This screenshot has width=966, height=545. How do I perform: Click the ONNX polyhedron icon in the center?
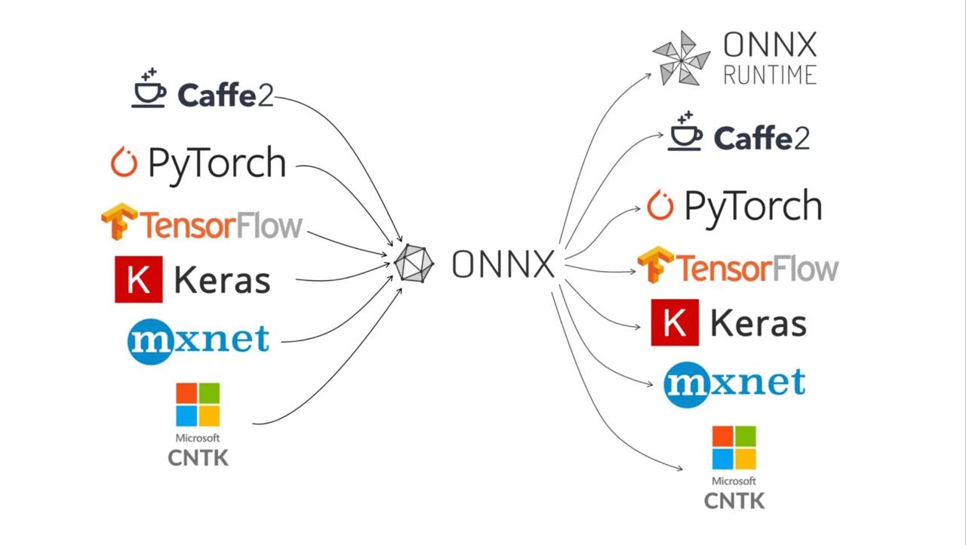[414, 264]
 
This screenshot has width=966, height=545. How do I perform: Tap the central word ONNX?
[503, 264]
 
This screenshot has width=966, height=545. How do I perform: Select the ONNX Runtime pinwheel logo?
[681, 58]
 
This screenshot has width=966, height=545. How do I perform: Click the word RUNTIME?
[770, 75]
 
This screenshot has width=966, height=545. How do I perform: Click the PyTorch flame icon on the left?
[124, 162]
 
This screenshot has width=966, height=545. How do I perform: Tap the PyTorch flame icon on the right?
[660, 205]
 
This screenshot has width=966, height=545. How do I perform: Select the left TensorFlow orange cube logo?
[119, 221]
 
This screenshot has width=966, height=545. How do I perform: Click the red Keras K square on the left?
[138, 279]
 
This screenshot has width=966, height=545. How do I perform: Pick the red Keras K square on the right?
[674, 322]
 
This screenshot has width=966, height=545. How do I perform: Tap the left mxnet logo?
[198, 340]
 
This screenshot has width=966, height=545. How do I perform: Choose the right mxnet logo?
[734, 383]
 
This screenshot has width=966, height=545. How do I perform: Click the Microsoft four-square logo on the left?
[198, 405]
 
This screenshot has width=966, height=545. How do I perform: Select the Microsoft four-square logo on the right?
[734, 448]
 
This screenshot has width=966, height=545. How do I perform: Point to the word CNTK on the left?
[198, 457]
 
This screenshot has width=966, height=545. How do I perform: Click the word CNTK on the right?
[734, 500]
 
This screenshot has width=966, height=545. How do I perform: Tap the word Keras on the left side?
[222, 281]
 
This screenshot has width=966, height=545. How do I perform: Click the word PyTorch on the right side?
[752, 206]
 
